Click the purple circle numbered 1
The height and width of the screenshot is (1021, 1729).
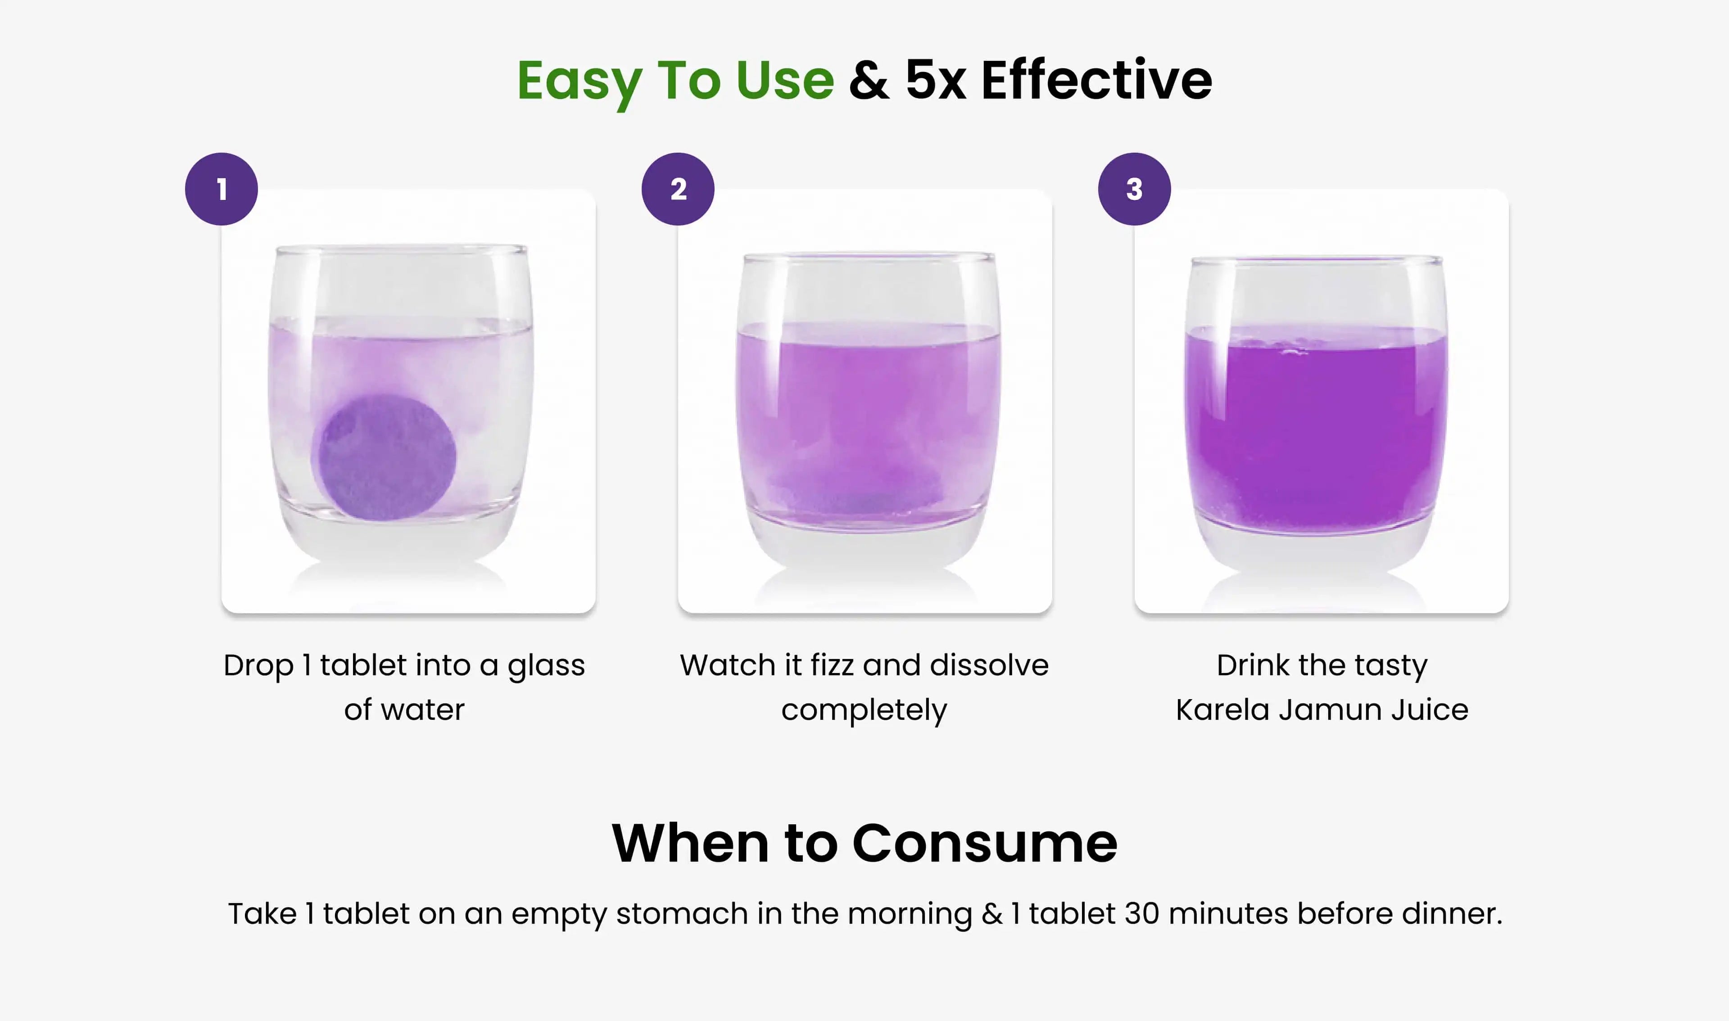pos(222,189)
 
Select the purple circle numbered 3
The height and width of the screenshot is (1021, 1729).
pos(1135,189)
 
